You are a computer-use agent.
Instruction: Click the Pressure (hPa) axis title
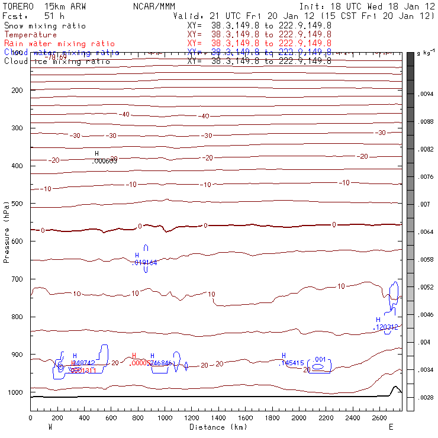[x=7, y=231]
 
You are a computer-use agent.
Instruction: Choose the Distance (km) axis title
[x=216, y=427]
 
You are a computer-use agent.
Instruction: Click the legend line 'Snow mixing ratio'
[x=45, y=26]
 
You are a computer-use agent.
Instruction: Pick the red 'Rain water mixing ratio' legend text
[x=60, y=44]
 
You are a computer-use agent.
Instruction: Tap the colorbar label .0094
[x=426, y=94]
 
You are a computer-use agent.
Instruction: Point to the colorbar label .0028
[x=426, y=397]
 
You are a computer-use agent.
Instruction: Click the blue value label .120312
[x=385, y=327]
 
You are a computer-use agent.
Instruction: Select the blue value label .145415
[x=291, y=363]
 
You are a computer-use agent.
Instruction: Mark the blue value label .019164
[x=144, y=262]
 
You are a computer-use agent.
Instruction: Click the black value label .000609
[x=105, y=160]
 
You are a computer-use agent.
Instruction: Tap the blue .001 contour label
[x=320, y=359]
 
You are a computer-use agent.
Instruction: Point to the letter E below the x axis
[x=391, y=426]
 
